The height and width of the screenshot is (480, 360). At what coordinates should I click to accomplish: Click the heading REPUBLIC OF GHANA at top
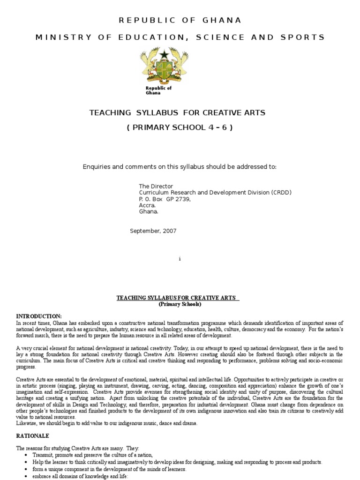[x=180, y=20]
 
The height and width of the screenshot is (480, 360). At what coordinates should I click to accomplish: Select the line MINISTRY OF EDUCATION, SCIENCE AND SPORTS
[x=180, y=37]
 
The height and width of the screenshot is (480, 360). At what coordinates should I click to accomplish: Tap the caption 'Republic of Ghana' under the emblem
[x=158, y=90]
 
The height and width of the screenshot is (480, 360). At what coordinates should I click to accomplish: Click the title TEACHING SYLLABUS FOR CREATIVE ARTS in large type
[x=178, y=112]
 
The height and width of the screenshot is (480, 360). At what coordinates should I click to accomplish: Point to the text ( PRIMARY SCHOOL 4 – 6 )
[x=180, y=127]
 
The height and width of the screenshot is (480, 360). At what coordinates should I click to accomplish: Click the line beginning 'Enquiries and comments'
[x=180, y=167]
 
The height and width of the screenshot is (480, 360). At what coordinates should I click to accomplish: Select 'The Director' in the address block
[x=156, y=186]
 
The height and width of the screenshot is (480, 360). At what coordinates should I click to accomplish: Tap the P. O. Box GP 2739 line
[x=165, y=199]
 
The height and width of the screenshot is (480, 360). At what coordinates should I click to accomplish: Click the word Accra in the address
[x=147, y=205]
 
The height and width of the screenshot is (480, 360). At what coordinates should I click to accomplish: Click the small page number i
[x=180, y=259]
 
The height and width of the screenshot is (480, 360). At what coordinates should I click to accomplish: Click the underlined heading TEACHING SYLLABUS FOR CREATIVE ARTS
[x=178, y=298]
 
